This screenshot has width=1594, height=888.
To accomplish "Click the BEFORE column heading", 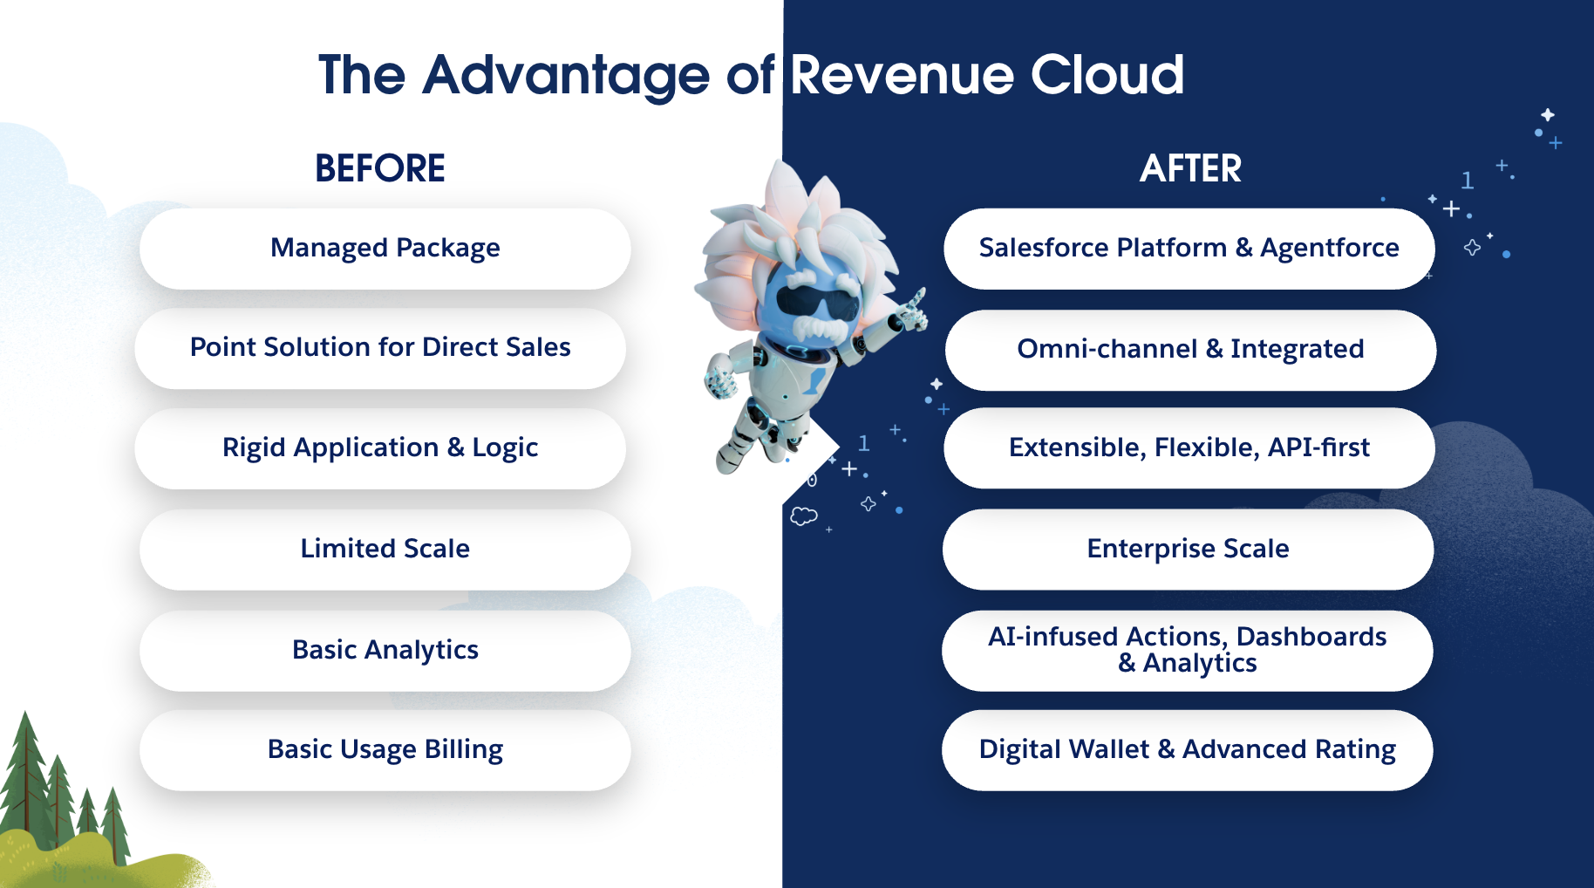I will coord(379,168).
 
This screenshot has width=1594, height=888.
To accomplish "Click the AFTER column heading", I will coord(1190,168).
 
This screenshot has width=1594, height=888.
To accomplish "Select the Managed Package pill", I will coord(385,249).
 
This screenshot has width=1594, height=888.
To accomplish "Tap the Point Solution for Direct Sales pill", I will coord(380,348).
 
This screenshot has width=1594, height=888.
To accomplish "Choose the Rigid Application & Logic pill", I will coord(380,448).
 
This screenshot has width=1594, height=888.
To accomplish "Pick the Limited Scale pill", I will coord(385,550).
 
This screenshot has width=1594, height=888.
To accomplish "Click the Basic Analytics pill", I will coord(385,651).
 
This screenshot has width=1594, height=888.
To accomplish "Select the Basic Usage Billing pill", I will coord(385,750).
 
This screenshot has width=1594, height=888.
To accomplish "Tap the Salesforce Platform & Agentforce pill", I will coord(1189,249).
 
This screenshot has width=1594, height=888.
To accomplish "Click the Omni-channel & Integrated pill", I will coord(1190,350).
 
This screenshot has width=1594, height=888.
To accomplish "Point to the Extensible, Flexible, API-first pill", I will coord(1189,448).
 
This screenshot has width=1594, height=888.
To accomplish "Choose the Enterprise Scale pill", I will coord(1188,550).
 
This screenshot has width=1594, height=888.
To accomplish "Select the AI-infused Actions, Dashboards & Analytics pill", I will coord(1187,651).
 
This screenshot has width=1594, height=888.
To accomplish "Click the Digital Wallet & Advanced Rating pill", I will coord(1187,750).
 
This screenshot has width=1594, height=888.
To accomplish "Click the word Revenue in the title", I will coord(902,75).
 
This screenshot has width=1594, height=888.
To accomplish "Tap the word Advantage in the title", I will coord(566,77).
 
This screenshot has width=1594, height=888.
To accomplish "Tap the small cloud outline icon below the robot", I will coord(803,516).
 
